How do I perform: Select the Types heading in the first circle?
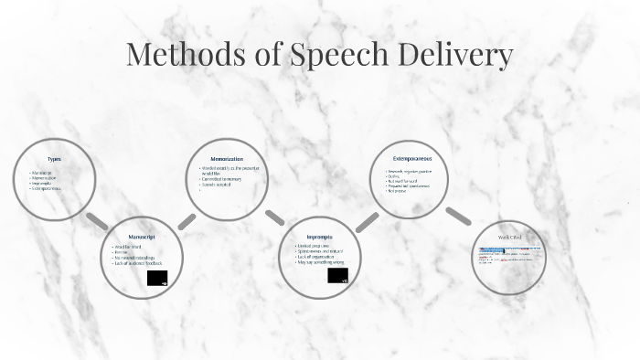coord(54,159)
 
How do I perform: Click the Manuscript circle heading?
coord(142,236)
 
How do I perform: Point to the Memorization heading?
coord(227,159)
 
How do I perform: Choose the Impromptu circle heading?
coord(320,235)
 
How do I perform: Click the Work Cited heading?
coord(509,237)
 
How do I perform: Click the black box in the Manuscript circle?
coord(157,279)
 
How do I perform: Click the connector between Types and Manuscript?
coord(97,221)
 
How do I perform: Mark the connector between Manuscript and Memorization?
coord(187,221)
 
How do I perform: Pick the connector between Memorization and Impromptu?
coord(274,217)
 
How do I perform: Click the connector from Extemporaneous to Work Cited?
coord(458,217)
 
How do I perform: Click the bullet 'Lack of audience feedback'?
coord(137,264)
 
